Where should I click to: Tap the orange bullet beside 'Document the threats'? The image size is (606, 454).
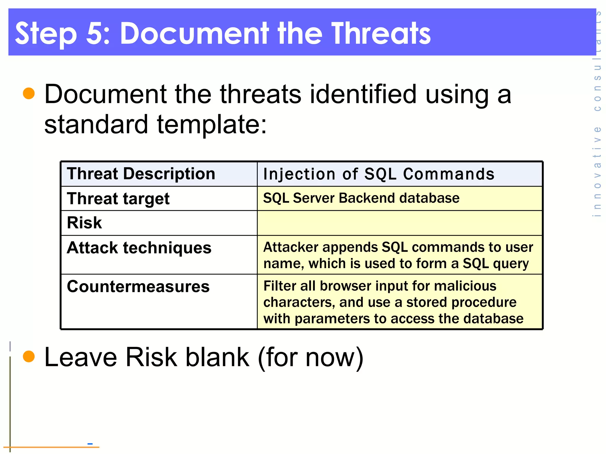29,93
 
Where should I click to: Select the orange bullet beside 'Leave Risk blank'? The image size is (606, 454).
29,356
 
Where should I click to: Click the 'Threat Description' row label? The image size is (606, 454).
141,174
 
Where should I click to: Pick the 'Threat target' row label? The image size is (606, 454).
118,199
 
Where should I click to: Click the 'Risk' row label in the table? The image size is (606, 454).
84,223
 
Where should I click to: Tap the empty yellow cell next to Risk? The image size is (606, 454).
399,223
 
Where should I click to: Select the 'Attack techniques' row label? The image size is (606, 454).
139,248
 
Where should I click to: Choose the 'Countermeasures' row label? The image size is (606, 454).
138,286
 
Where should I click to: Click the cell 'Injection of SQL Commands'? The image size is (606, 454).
379,174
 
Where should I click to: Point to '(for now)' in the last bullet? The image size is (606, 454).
310,357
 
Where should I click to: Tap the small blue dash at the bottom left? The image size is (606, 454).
90,443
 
